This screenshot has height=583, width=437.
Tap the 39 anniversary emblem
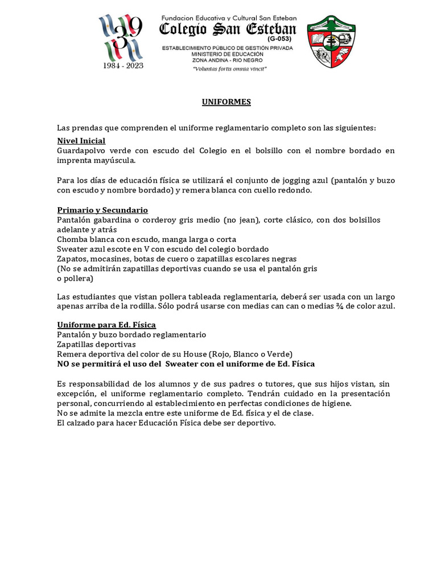(122, 37)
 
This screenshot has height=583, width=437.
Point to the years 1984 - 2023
(123, 65)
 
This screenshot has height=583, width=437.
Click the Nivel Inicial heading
(81, 141)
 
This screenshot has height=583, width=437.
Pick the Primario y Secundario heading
(102, 210)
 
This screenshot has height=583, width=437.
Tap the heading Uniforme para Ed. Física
(106, 325)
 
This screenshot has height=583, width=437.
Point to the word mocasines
(114, 258)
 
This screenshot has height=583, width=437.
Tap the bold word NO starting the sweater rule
(64, 364)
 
